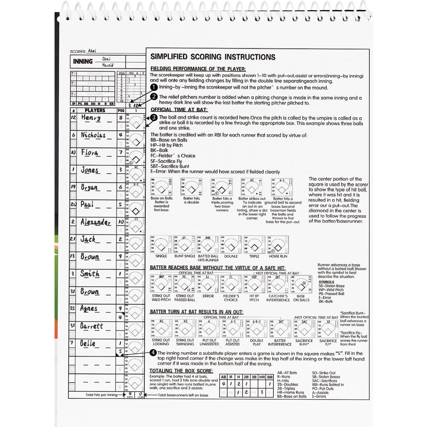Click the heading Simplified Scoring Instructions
coord(213,57)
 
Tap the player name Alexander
coord(95,222)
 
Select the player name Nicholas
coord(93,135)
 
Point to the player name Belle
coord(88,343)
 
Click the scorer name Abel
coord(92,51)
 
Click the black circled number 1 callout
coord(154,87)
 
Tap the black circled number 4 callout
coord(153,353)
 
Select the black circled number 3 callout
coord(154,117)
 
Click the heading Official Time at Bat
coord(179,110)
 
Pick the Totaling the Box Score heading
coord(181,371)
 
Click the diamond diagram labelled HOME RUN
coord(278,245)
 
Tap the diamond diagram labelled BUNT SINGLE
coord(184,244)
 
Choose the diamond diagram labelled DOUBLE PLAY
coord(256,328)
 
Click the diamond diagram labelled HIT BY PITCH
coord(254,284)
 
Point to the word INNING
coord(83,61)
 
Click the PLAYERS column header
coord(95,110)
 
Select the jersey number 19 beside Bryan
coord(73,187)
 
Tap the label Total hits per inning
coord(101,395)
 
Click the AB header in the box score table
coord(224,377)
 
